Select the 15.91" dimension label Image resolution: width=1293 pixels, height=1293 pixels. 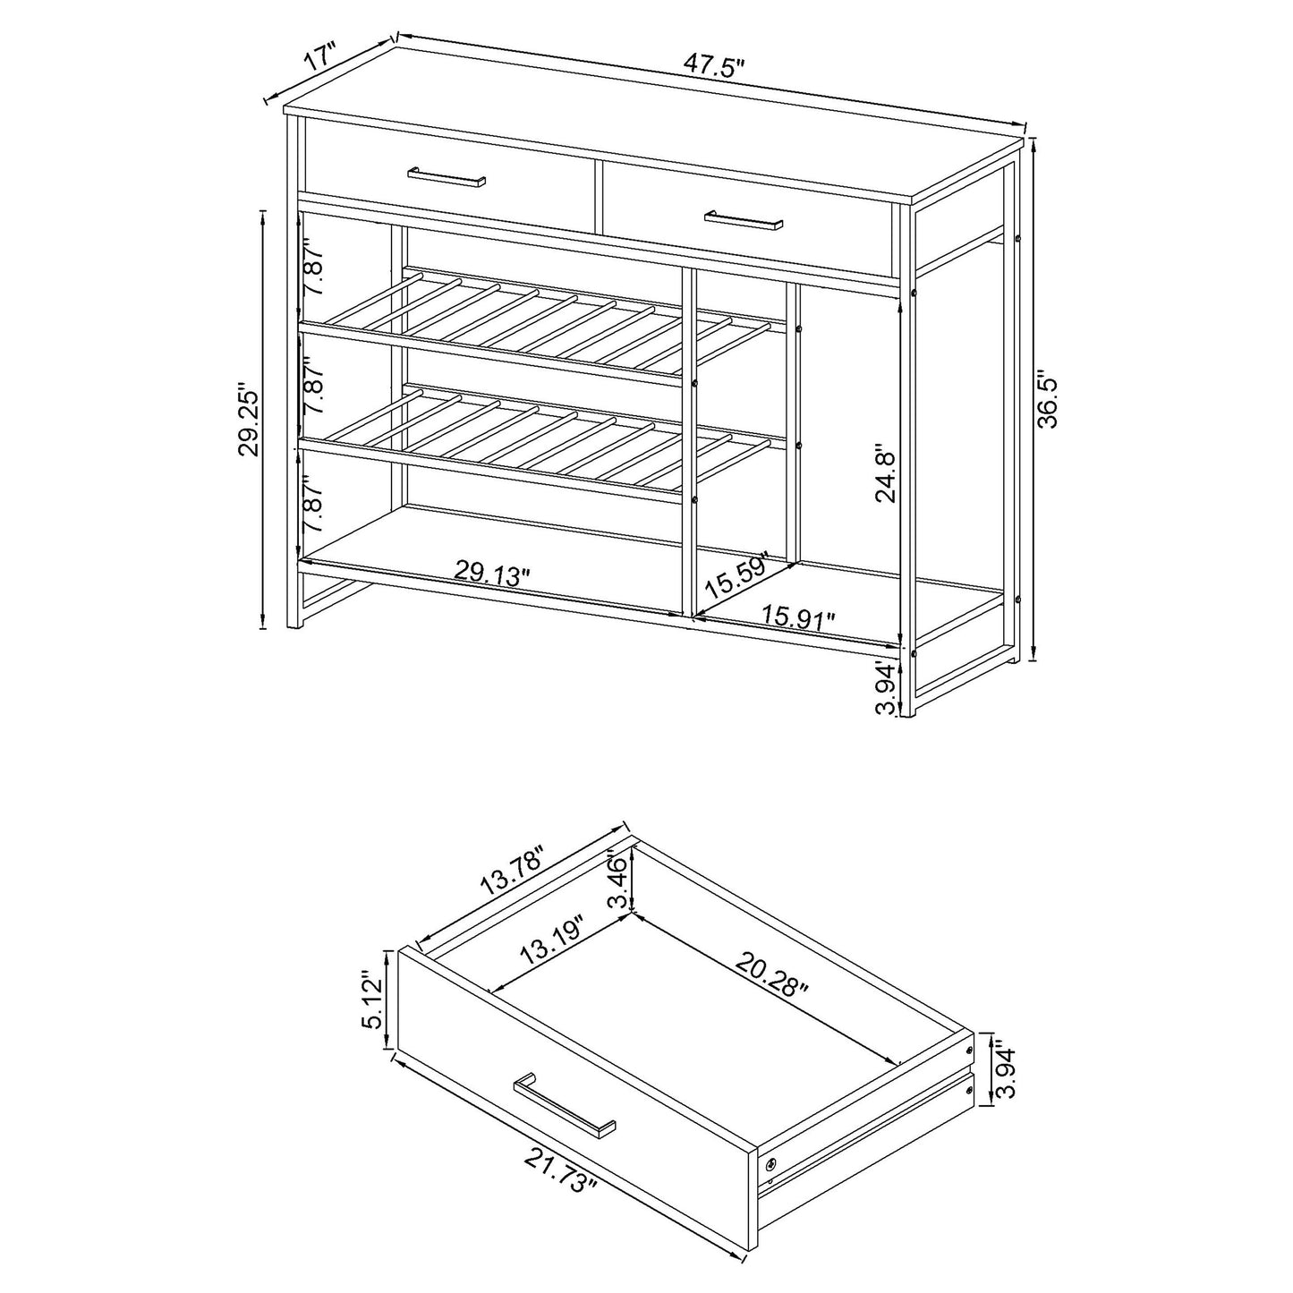[x=798, y=617]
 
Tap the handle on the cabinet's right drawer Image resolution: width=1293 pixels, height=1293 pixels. [x=743, y=219]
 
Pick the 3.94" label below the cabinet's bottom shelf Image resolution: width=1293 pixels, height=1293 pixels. [x=886, y=689]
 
